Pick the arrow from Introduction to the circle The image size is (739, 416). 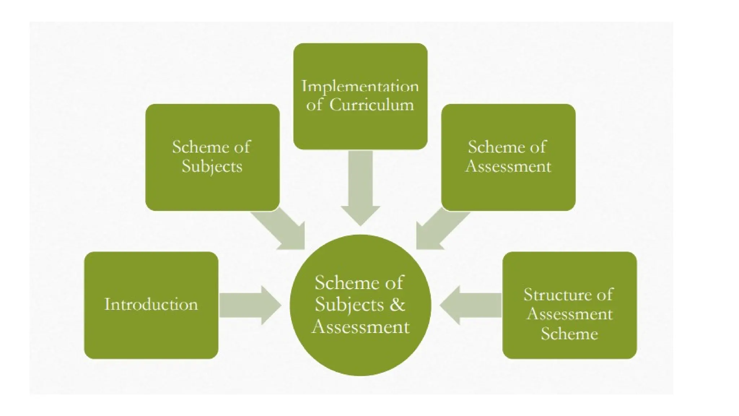[249, 305]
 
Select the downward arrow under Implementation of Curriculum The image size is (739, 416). [360, 188]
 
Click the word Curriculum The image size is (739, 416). [372, 105]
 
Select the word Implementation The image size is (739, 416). [360, 87]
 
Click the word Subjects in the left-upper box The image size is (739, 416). [212, 166]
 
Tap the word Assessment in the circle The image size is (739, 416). [360, 326]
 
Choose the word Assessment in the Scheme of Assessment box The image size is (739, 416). [508, 166]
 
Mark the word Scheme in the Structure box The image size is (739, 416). [569, 333]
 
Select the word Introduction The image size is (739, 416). [151, 304]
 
